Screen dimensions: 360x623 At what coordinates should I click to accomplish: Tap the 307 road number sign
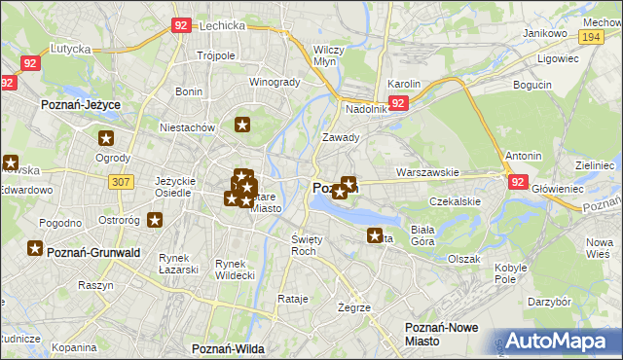121,182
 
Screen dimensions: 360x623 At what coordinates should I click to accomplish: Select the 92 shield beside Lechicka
180,26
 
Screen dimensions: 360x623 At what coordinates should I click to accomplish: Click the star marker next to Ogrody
106,139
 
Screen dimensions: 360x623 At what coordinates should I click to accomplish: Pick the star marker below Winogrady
243,125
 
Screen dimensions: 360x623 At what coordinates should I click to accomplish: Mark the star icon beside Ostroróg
155,220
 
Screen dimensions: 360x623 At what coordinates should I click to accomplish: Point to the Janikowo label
545,33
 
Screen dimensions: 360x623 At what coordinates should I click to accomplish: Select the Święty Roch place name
306,244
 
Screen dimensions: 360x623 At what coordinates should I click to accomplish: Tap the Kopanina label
74,346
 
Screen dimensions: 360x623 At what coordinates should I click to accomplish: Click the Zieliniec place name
595,166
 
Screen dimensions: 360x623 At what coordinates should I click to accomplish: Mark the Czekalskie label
456,202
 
